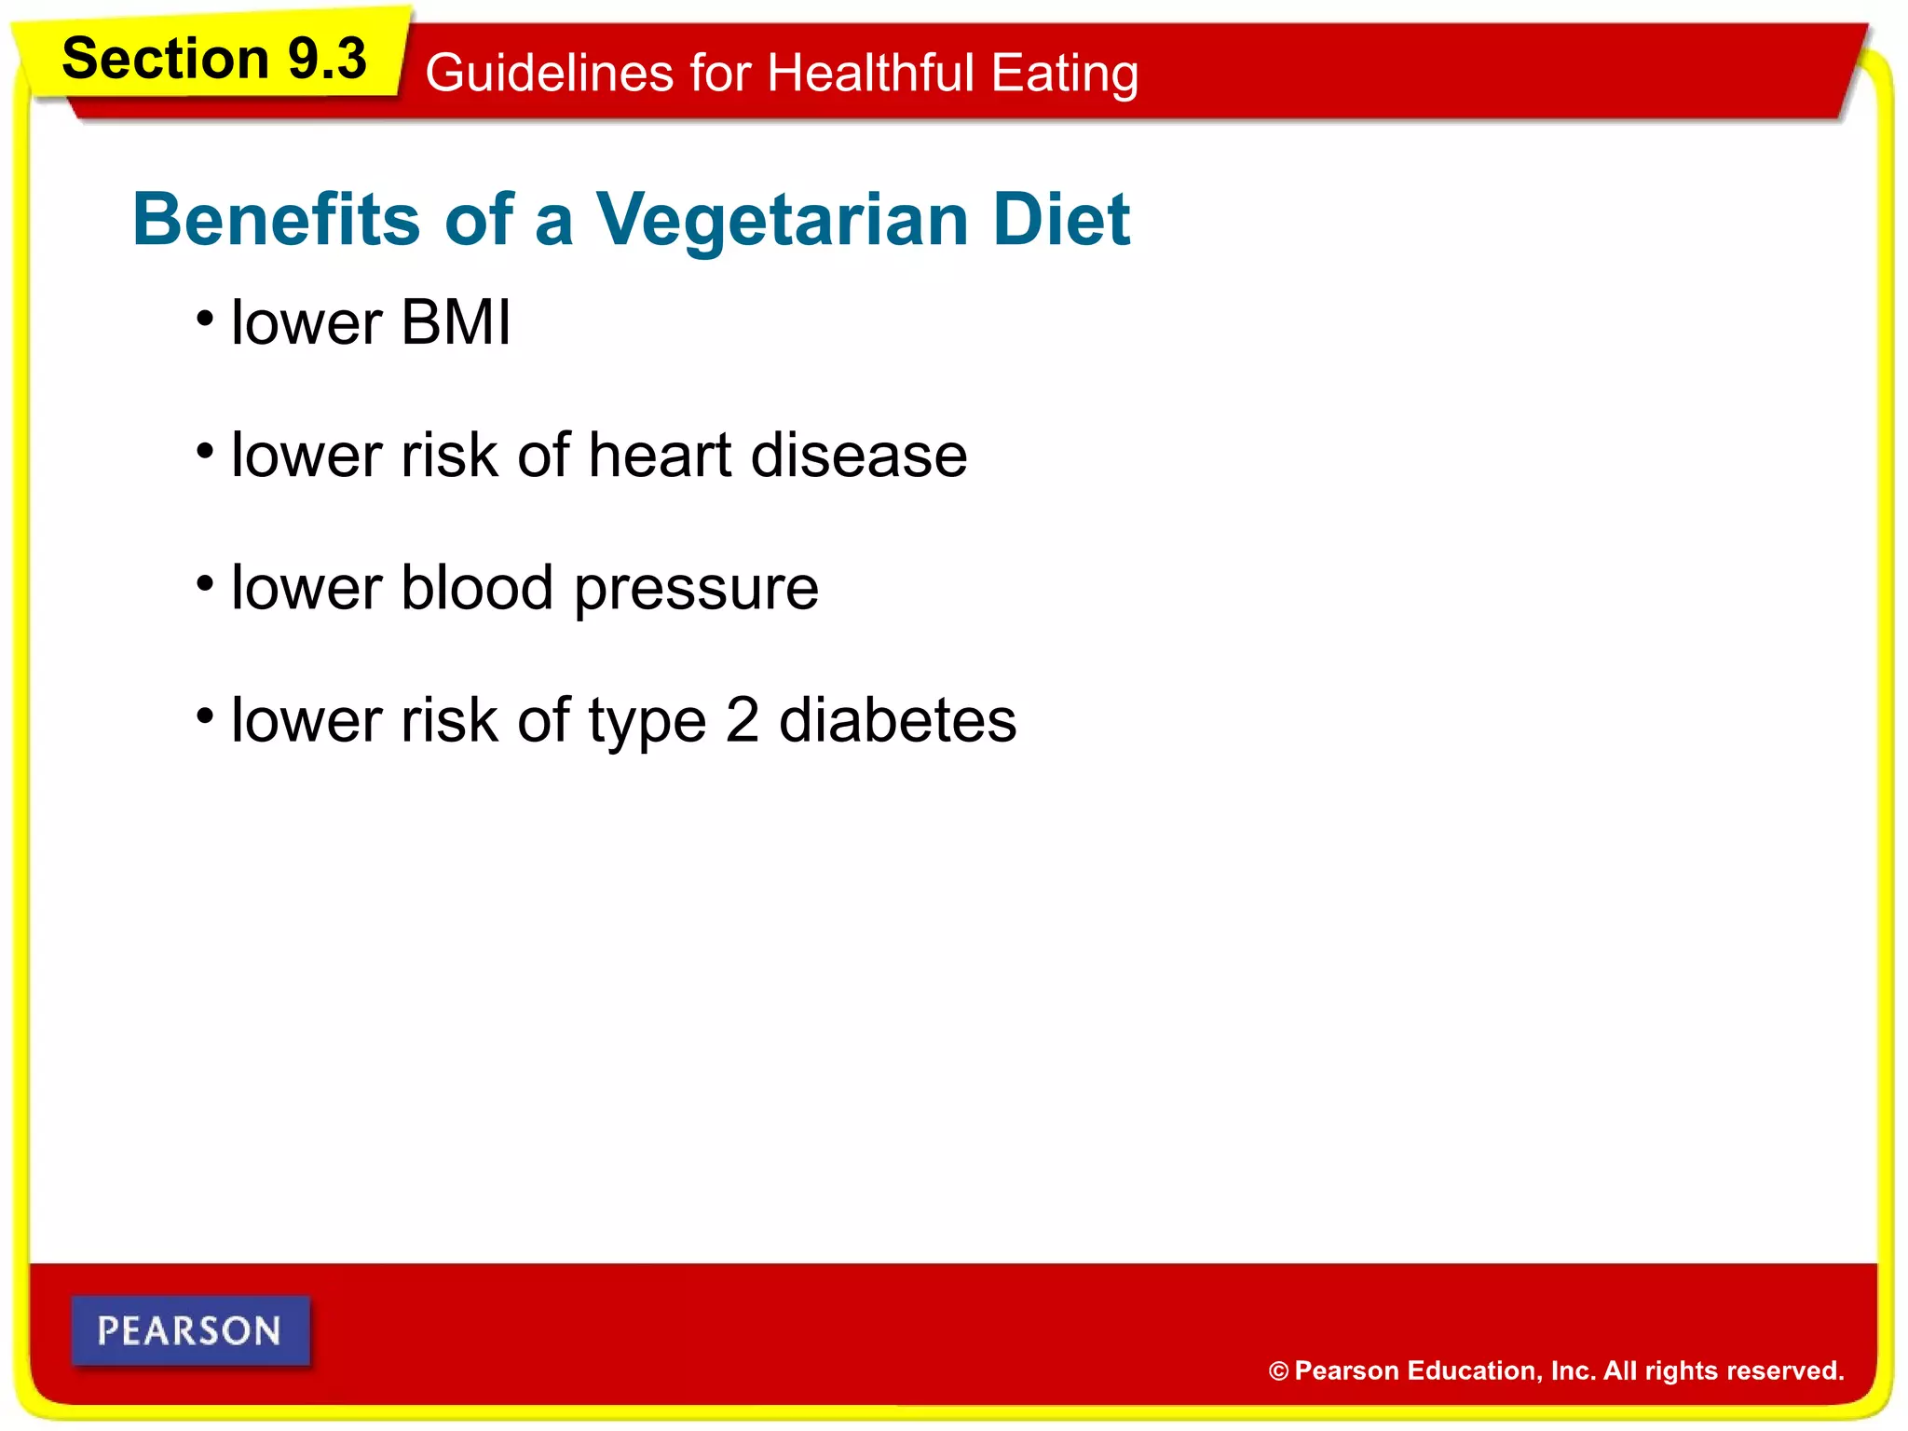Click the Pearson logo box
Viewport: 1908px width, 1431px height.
coord(190,1330)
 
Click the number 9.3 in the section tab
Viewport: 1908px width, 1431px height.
coord(326,59)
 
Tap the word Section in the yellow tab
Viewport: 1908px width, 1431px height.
coord(165,59)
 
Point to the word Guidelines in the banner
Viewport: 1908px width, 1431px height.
coord(549,73)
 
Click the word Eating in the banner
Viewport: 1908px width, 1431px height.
coord(1064,73)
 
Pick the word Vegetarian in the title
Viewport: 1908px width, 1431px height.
coord(783,220)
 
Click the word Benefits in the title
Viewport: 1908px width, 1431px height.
coord(277,220)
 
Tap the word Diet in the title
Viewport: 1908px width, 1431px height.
coord(1061,220)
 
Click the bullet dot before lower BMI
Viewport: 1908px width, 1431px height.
coord(205,320)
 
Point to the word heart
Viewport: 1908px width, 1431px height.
coord(660,456)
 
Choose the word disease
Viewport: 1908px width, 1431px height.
coord(859,456)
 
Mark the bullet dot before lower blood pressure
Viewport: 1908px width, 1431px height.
coord(205,585)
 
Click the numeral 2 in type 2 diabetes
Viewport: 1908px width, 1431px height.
coord(742,720)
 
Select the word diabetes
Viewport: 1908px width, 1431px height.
coord(897,720)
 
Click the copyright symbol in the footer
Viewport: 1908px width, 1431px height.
coord(1278,1371)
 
